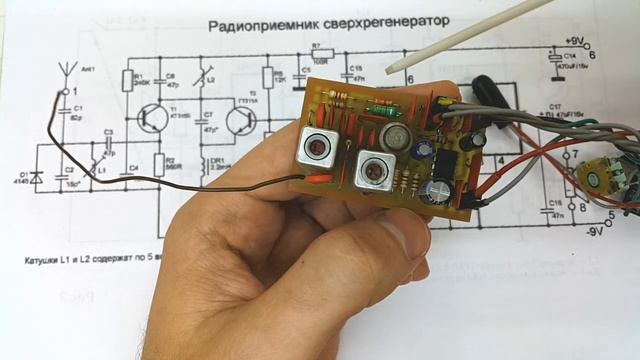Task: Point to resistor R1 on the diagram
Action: [127, 81]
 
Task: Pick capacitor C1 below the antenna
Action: [64, 112]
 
